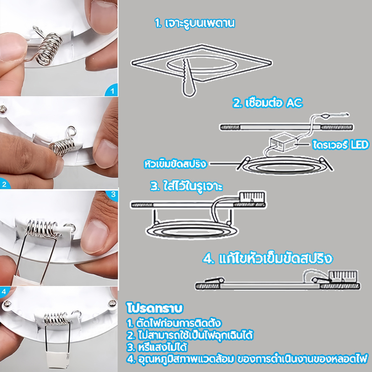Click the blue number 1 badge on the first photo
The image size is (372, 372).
click(x=112, y=90)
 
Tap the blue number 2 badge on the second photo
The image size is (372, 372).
click(x=5, y=184)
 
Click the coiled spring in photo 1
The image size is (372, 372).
click(x=49, y=49)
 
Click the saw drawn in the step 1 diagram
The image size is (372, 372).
click(x=189, y=78)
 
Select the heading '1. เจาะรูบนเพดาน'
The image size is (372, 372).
click(x=195, y=23)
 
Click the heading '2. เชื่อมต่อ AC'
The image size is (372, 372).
click(x=268, y=103)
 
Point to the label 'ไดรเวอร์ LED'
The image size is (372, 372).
click(x=341, y=145)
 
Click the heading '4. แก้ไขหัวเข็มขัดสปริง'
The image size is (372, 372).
click(x=268, y=259)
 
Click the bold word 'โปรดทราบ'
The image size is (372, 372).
click(x=155, y=308)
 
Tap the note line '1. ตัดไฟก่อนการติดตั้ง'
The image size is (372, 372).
click(x=174, y=323)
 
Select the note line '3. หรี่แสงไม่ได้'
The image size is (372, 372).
click(x=157, y=347)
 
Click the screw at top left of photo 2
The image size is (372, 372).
click(x=3, y=109)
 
